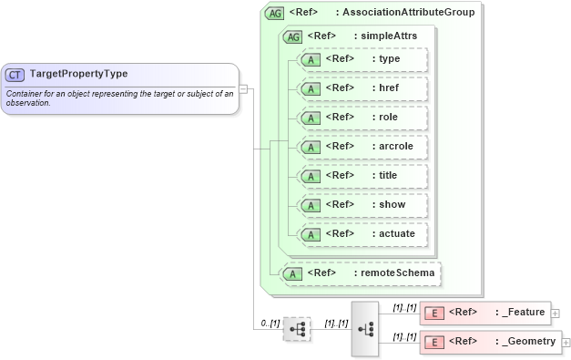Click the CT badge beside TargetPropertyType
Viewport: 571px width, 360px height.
coord(15,74)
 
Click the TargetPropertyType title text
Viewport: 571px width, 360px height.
coord(78,74)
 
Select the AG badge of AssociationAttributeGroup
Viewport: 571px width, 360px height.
coord(274,13)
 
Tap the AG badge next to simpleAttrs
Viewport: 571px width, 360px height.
coord(293,36)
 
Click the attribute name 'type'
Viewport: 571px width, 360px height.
coord(389,59)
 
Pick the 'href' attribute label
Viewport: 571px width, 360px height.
coord(389,88)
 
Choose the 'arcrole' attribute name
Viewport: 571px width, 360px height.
coord(396,146)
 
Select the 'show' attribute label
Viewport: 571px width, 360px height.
coord(392,204)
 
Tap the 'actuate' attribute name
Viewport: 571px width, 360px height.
coord(397,233)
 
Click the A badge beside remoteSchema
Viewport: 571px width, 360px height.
coord(293,273)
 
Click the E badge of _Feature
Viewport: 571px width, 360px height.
coord(434,313)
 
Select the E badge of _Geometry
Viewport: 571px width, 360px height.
coord(434,342)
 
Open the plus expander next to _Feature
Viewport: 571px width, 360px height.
coord(556,313)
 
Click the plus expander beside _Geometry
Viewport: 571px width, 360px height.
coord(566,342)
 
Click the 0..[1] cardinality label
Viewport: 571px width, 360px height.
coord(269,323)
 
